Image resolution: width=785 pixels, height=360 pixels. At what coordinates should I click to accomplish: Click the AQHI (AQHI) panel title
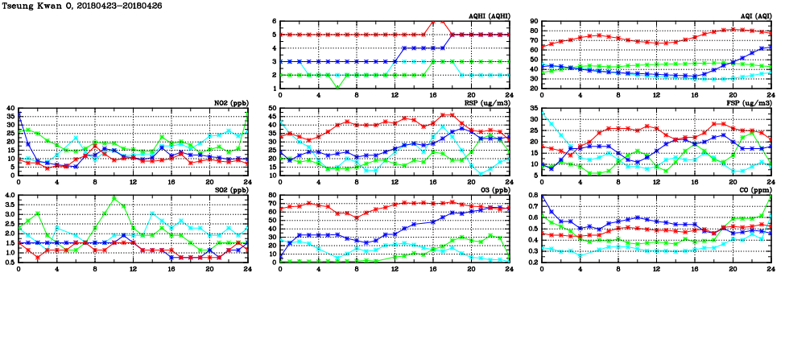point(489,15)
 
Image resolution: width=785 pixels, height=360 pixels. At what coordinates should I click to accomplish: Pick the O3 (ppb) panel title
point(493,189)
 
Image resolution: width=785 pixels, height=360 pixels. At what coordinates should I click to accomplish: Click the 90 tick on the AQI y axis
point(532,22)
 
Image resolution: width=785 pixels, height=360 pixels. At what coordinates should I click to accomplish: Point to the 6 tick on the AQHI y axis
point(275,22)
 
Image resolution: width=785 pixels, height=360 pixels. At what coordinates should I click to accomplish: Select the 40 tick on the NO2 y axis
point(10,108)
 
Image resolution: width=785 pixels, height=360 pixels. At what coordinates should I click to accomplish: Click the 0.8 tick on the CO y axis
point(531,195)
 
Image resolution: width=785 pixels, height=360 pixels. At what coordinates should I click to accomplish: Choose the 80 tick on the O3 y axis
point(271,195)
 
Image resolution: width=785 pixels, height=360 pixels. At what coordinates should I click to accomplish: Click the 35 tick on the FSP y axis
point(532,118)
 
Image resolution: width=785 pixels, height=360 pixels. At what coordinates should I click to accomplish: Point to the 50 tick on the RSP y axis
point(271,108)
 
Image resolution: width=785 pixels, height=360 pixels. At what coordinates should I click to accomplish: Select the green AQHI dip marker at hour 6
point(337,88)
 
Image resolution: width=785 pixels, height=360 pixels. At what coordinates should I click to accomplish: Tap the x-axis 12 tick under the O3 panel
point(395,268)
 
